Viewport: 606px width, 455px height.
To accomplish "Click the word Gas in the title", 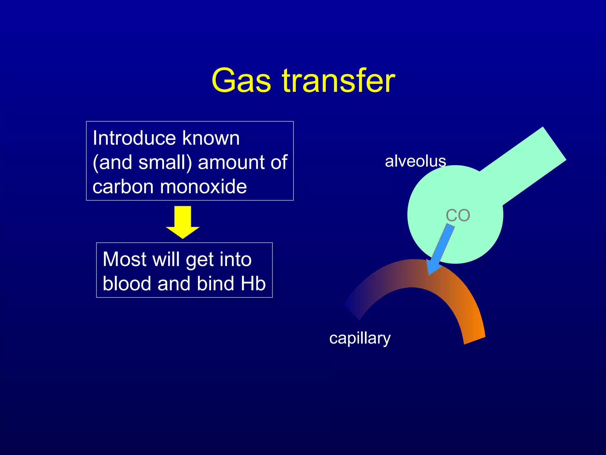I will pos(241,81).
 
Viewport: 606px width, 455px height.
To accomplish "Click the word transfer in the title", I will pos(339,81).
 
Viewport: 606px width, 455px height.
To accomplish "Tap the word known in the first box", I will pos(211,138).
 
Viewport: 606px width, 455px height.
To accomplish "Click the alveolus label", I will pos(415,161).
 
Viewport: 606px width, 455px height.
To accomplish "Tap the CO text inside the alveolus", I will pos(458,215).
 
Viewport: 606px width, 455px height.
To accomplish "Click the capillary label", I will pos(360,338).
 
